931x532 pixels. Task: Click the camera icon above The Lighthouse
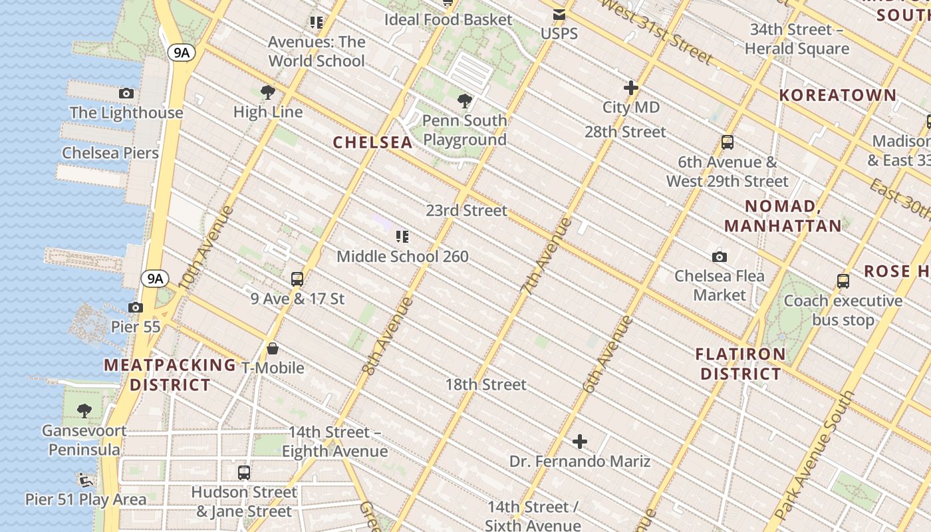click(126, 94)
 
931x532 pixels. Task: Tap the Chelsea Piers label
click(110, 153)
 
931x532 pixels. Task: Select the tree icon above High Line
click(268, 92)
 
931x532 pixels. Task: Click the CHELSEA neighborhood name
click(373, 142)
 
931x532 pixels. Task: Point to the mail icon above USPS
click(559, 15)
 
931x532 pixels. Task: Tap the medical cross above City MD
click(631, 88)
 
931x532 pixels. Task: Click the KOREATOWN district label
click(838, 95)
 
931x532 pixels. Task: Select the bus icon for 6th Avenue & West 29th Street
click(728, 142)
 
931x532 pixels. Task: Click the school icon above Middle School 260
click(402, 237)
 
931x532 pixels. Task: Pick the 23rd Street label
click(466, 211)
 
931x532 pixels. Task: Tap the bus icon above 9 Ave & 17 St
click(297, 279)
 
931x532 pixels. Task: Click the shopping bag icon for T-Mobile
click(273, 348)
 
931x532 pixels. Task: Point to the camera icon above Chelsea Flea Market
click(719, 257)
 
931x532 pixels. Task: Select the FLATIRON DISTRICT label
click(740, 364)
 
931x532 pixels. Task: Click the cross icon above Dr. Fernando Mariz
click(580, 442)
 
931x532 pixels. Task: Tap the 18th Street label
click(485, 384)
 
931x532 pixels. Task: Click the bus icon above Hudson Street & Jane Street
click(244, 473)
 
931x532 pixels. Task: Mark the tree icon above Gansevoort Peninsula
click(84, 411)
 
